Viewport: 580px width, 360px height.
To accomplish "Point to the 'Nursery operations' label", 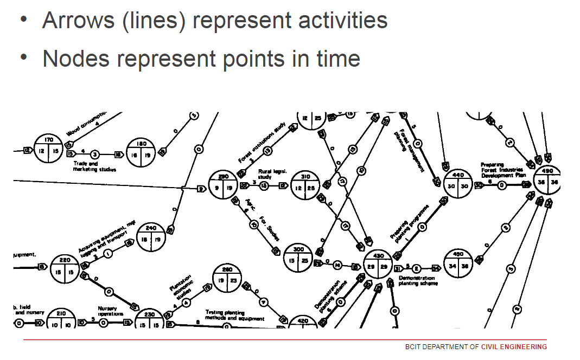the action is tap(111, 311).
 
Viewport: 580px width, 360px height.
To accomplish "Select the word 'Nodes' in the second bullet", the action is tap(71, 59).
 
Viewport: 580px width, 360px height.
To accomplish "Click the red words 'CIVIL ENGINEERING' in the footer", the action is tap(514, 347).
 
